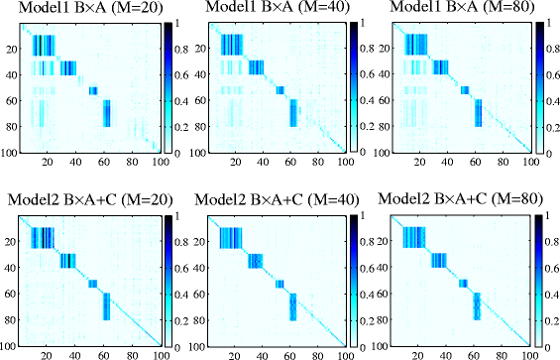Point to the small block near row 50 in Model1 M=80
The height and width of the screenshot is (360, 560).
click(x=464, y=90)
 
